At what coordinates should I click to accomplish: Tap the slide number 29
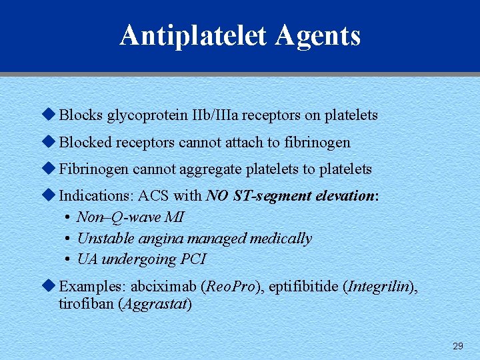458,345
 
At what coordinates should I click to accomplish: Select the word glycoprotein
143,115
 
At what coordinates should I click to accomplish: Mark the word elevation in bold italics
341,196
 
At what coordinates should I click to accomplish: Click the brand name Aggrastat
161,305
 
